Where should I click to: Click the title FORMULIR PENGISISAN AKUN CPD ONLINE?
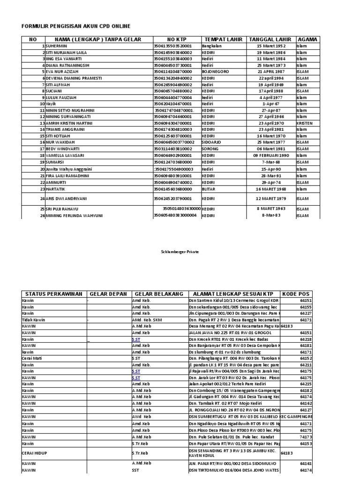pos(76,26)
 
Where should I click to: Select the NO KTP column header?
pos(176,39)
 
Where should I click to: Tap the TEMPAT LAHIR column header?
pos(223,39)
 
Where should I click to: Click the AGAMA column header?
pos(307,39)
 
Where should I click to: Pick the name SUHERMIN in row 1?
pos(56,46)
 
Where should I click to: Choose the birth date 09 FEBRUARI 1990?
pos(270,155)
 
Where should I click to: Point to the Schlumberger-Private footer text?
pos(180,252)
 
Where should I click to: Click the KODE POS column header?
pos(297,294)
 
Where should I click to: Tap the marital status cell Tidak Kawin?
pos(33,319)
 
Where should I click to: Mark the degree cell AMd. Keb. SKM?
pos(147,319)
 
